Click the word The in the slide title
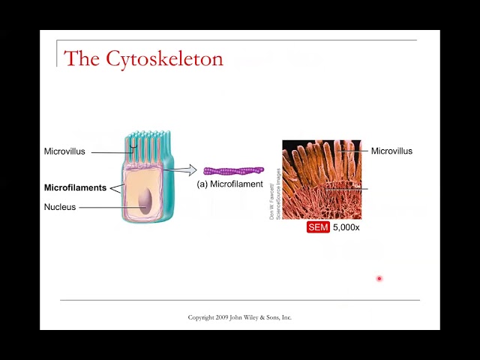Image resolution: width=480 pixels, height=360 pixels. (x=82, y=58)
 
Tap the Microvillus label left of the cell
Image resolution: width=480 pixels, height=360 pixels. (x=64, y=151)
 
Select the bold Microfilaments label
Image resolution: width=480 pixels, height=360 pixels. (x=75, y=187)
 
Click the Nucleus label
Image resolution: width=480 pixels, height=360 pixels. (x=60, y=207)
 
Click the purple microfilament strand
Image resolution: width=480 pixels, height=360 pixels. (x=233, y=171)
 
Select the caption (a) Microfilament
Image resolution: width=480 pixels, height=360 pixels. (x=229, y=184)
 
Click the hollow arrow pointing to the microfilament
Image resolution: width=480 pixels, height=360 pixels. (x=184, y=170)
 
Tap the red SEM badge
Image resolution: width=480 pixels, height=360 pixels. (x=318, y=227)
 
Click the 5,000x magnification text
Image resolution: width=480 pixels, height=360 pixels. (x=346, y=227)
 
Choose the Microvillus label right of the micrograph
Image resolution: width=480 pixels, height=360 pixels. (x=391, y=151)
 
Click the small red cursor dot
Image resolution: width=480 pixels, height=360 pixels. (x=379, y=278)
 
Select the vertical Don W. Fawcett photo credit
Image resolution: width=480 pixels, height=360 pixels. (x=274, y=193)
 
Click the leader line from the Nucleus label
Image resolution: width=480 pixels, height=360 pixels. (x=105, y=207)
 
